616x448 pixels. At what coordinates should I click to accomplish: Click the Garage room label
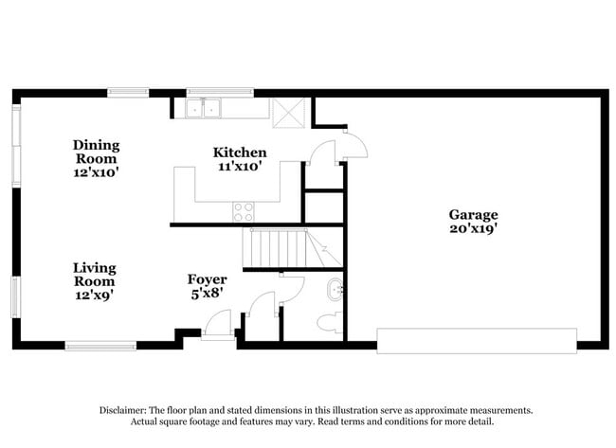[x=473, y=215]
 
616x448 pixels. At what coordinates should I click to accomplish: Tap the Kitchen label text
[x=240, y=152]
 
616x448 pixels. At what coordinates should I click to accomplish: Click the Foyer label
[x=207, y=279]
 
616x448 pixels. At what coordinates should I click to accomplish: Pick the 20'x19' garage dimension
[x=473, y=228]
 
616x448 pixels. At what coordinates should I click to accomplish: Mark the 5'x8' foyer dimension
[x=207, y=293]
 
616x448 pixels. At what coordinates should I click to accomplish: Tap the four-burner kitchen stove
[x=244, y=212]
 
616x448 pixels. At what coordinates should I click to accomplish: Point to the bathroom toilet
[x=328, y=323]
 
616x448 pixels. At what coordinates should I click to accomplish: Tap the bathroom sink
[x=334, y=290]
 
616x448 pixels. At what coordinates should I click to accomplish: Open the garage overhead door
[x=477, y=340]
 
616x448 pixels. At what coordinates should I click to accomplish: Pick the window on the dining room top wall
[x=127, y=93]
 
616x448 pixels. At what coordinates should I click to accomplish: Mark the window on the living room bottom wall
[x=100, y=345]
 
